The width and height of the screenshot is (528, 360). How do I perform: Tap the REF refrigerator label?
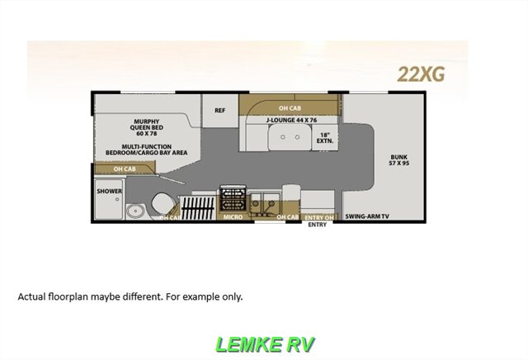coord(220,111)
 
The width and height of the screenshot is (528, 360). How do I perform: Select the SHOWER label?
coord(109,192)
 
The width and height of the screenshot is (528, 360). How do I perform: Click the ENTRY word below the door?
coord(318,224)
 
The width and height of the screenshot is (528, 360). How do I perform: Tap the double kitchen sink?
coord(263,200)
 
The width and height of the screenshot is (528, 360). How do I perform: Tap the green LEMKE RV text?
coord(264,342)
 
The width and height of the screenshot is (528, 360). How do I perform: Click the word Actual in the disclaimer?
coord(32,296)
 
